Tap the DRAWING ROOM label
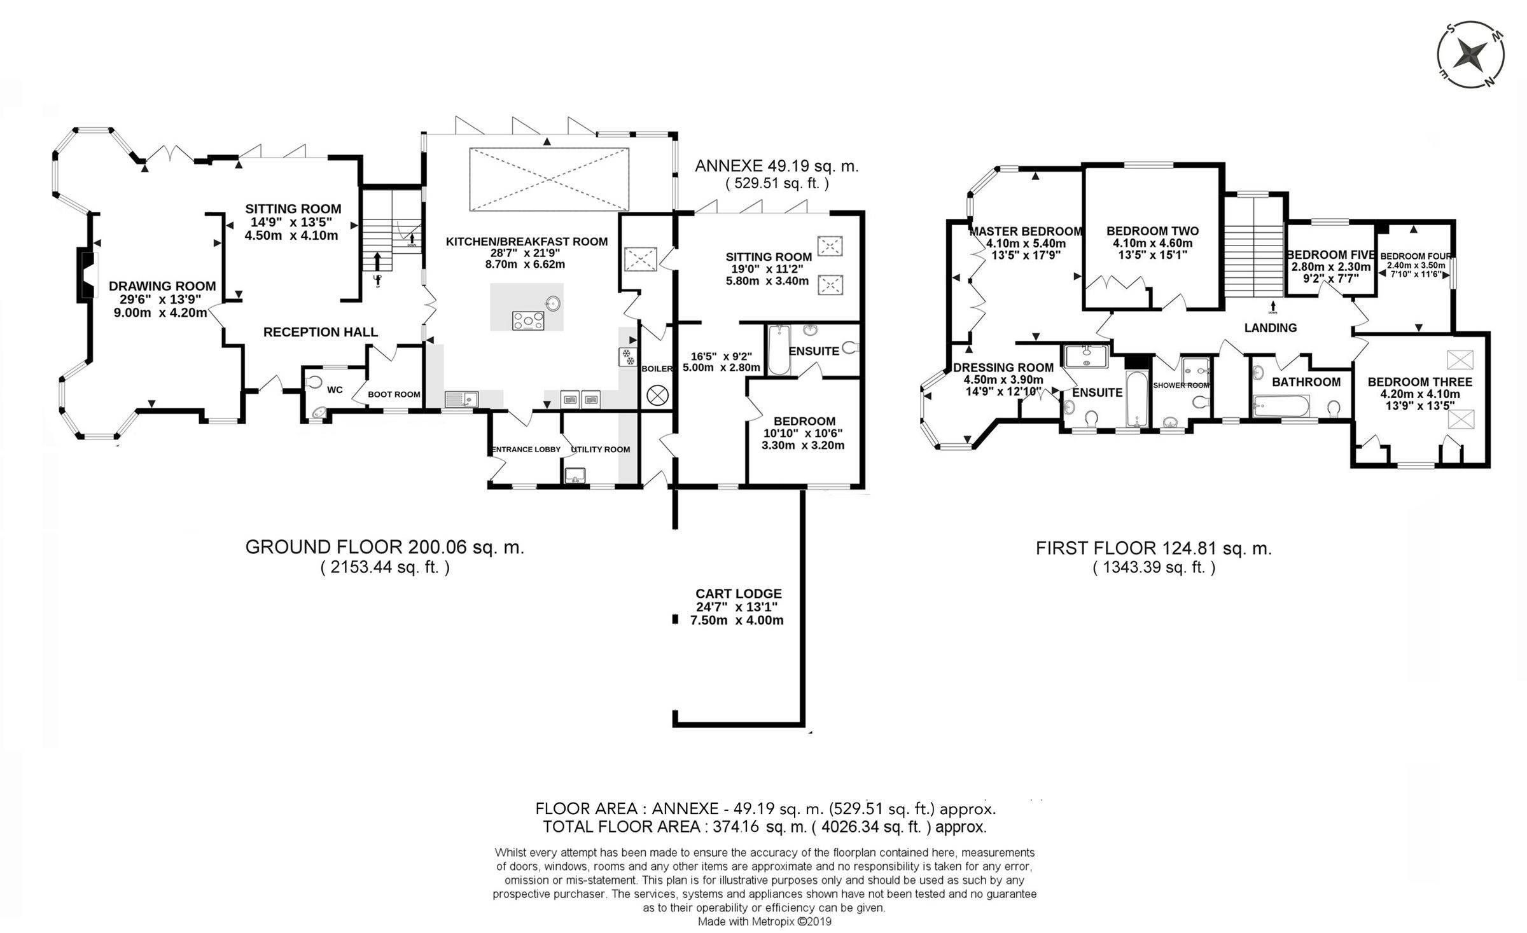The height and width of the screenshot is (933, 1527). (x=162, y=286)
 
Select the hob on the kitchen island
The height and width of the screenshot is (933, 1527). (x=529, y=320)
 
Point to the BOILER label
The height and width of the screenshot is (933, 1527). (x=657, y=369)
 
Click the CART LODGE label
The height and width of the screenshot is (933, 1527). (x=738, y=593)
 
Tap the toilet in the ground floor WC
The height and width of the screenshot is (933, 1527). (x=312, y=381)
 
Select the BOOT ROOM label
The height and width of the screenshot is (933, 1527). (x=394, y=394)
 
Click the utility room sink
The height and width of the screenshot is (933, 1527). (x=575, y=474)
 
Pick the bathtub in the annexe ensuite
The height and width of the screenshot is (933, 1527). (x=779, y=350)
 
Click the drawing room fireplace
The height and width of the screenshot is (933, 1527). (x=87, y=274)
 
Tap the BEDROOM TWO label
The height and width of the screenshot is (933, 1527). (x=1152, y=232)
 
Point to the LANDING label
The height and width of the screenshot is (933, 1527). (x=1270, y=328)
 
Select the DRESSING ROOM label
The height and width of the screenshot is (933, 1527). (x=1003, y=368)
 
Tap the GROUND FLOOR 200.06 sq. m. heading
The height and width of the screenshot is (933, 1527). (x=384, y=547)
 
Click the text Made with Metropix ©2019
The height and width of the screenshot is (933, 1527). (x=764, y=922)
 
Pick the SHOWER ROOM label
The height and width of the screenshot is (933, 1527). (x=1181, y=385)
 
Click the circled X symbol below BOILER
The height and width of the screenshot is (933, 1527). (x=655, y=395)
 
